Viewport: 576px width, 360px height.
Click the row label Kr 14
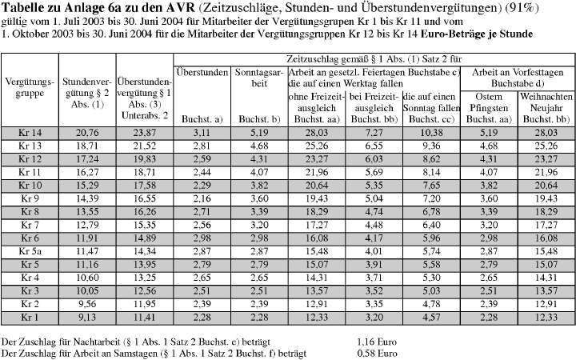pyautogui.click(x=30, y=132)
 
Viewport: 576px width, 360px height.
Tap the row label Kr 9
pyautogui.click(x=30, y=198)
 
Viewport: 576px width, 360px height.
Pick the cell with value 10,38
pyautogui.click(x=432, y=132)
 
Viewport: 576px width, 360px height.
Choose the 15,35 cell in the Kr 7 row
pyautogui.click(x=143, y=225)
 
